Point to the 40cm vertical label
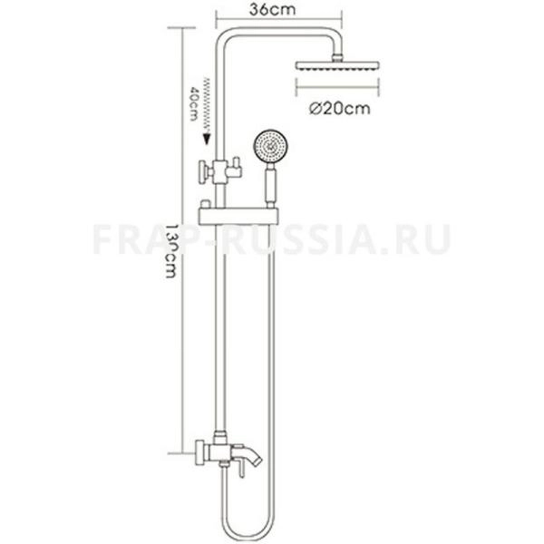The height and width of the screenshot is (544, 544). tap(193, 107)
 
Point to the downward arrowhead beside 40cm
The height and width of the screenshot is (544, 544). tap(207, 140)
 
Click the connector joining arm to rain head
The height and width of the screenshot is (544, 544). tap(340, 54)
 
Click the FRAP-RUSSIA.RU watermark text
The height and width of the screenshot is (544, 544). tap(271, 240)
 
